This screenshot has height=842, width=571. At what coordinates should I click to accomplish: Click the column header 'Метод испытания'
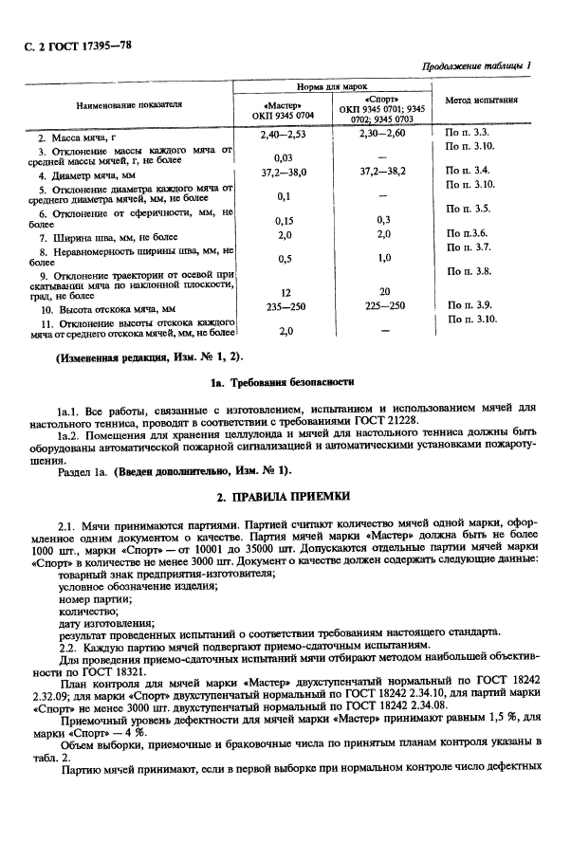coord(481,101)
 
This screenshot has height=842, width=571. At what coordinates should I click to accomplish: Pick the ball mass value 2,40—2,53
coord(283,135)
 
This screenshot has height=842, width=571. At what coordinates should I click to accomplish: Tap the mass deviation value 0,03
coord(283,156)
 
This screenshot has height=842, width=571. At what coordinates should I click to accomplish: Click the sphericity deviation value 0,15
coord(283,219)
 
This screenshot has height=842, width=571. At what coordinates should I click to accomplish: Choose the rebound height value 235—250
coord(283,307)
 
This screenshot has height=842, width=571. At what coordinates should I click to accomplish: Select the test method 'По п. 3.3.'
coord(466,134)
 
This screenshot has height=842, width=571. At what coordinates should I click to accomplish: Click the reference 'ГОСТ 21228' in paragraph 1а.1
coord(382,419)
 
